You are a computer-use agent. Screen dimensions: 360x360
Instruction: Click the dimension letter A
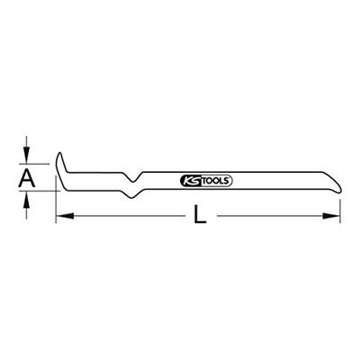(27, 179)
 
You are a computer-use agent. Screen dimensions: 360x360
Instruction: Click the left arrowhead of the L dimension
(61, 217)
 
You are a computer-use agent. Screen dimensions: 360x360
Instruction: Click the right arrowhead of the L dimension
(338, 217)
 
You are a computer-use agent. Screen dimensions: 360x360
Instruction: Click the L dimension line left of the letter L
(126, 217)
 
